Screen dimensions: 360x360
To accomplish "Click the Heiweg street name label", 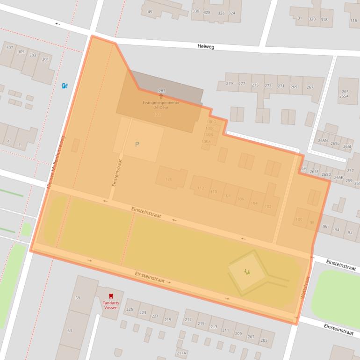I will [206, 47].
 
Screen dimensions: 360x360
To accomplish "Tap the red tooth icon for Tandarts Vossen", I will [111, 296].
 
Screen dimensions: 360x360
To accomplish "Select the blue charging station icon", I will [65, 86].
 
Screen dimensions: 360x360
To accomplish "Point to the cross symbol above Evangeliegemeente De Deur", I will [161, 96].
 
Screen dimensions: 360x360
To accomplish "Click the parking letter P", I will [137, 144].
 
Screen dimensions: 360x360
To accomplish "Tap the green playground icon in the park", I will [246, 272].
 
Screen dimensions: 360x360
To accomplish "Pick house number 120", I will [169, 179].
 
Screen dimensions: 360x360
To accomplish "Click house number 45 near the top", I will [150, 11].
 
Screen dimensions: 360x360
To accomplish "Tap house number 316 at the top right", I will [353, 21].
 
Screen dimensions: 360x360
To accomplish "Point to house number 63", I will [70, 331].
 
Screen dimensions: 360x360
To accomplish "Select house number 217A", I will [181, 353].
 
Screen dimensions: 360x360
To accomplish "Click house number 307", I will [9, 48].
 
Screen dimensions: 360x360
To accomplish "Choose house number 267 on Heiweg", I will [310, 87].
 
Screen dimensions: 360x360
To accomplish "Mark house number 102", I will [268, 207].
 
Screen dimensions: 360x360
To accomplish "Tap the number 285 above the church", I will [162, 90].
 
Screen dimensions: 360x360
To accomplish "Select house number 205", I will [264, 340].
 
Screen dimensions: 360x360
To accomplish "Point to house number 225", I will [130, 310].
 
